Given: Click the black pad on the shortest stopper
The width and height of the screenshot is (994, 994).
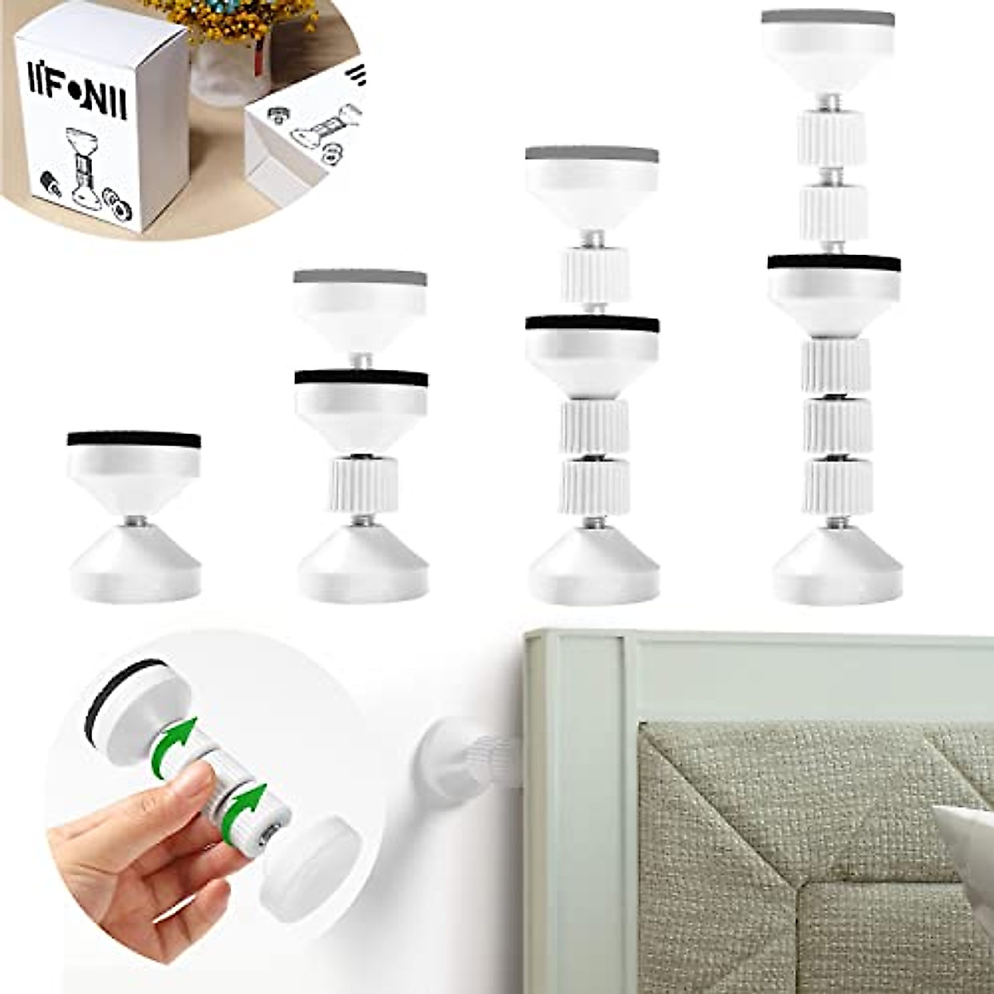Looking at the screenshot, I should [134, 439].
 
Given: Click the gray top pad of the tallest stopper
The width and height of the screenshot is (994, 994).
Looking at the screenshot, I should [830, 18].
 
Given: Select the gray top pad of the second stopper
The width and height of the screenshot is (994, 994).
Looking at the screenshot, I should [360, 277].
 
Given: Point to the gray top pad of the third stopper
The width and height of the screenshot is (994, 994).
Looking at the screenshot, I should [592, 155].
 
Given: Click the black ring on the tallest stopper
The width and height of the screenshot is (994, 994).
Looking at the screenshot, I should [833, 261].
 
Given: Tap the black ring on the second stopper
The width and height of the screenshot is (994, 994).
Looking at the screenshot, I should [361, 377].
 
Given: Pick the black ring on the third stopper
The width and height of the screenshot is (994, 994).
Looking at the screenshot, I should [592, 323].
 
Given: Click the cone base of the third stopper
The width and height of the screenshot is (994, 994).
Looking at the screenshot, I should [594, 567].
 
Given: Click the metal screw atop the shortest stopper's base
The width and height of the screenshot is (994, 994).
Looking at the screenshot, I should [135, 522].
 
